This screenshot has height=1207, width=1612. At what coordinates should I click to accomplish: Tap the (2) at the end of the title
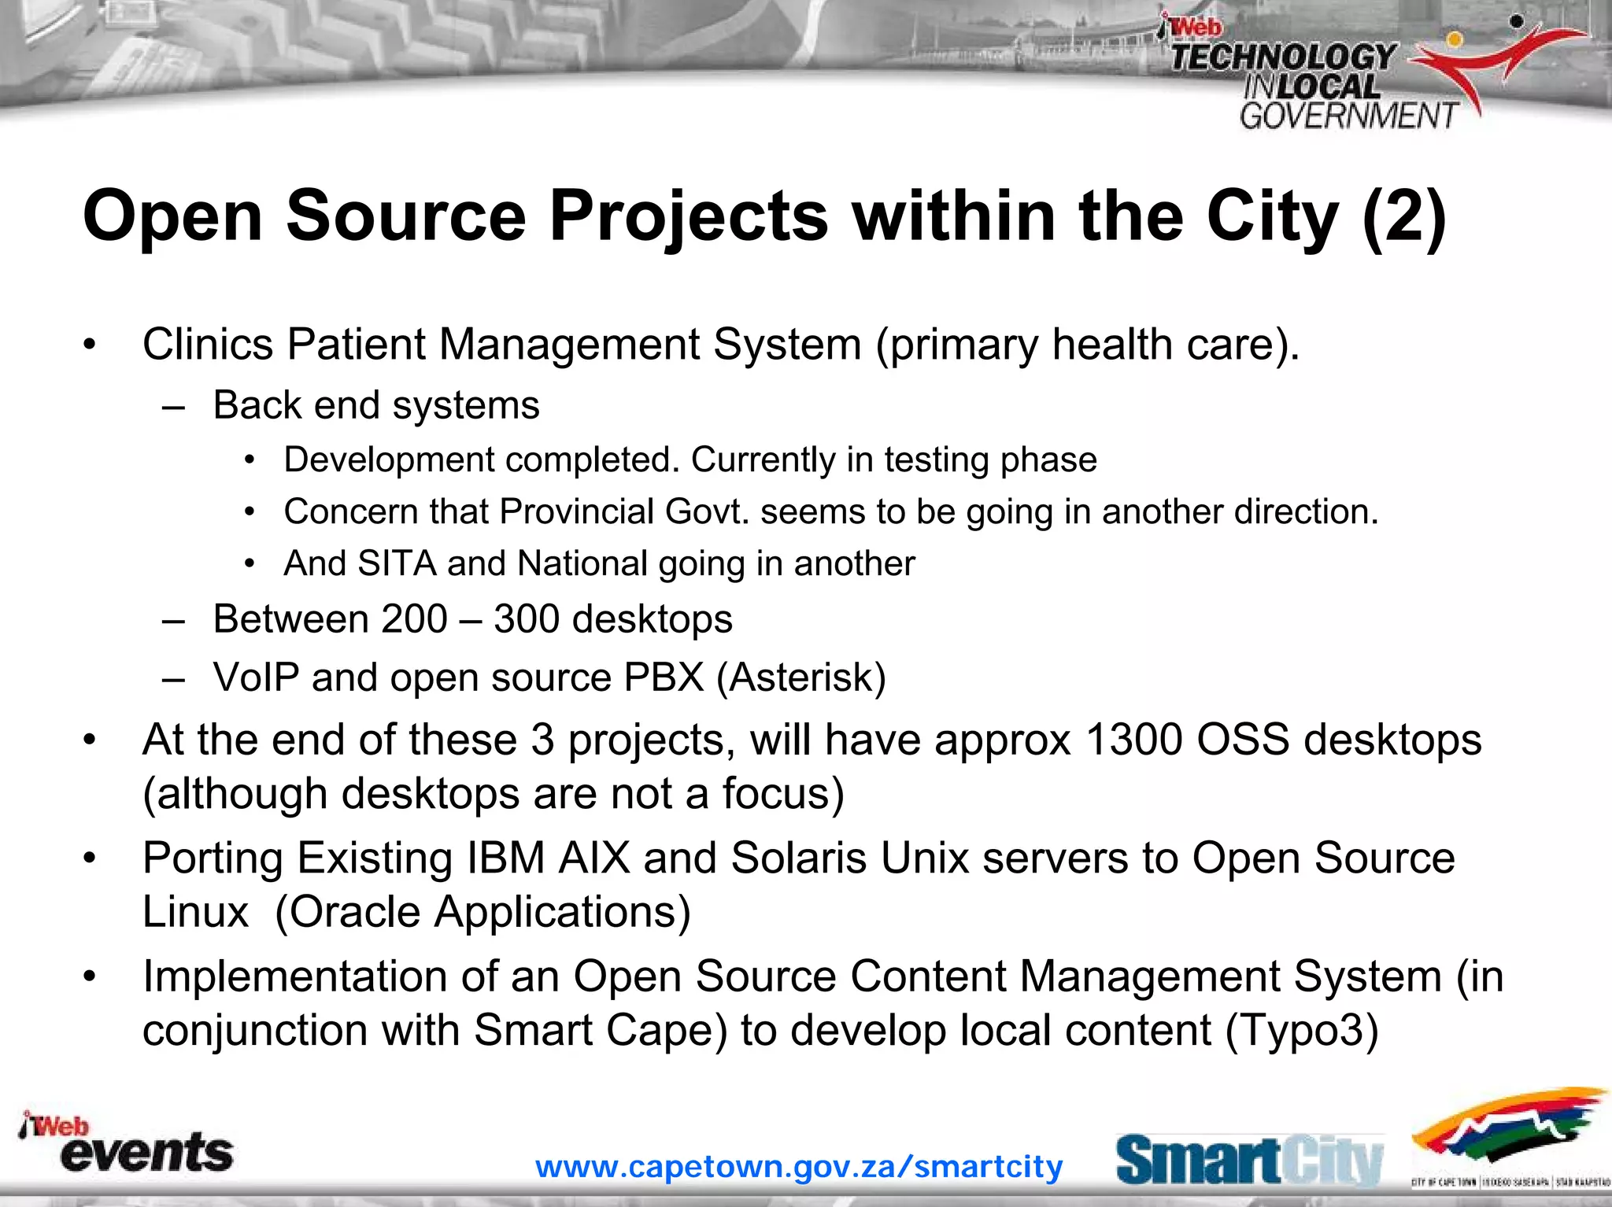(x=1403, y=216)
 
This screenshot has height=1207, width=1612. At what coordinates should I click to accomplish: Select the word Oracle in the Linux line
(x=353, y=912)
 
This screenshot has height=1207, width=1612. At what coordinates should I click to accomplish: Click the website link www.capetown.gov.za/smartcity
(x=799, y=1166)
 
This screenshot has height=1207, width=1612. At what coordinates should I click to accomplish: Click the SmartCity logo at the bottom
(x=1249, y=1160)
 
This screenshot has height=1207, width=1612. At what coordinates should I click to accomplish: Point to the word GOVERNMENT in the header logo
(x=1348, y=116)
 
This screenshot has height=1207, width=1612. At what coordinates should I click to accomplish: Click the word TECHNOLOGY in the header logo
(x=1283, y=57)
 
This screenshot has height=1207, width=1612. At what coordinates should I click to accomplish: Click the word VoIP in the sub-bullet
(x=256, y=677)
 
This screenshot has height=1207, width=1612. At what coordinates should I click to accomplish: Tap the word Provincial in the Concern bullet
(x=576, y=511)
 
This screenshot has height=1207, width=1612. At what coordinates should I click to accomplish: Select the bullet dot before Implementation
(x=91, y=976)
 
